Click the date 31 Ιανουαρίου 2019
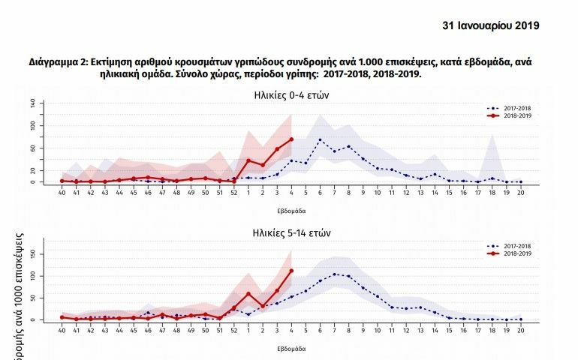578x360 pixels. click(492, 25)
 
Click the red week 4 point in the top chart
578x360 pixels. click(291, 139)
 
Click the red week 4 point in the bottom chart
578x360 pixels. click(291, 271)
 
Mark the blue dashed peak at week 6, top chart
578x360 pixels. click(320, 139)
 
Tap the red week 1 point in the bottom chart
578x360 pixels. click(248, 293)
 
